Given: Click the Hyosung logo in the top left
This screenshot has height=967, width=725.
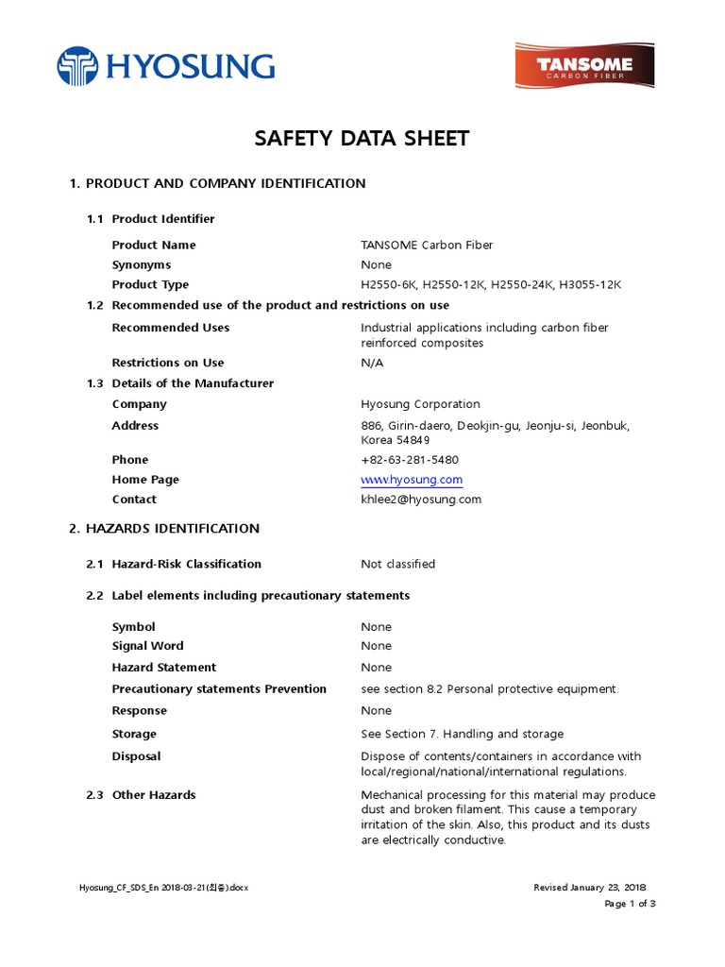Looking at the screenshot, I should [165, 66].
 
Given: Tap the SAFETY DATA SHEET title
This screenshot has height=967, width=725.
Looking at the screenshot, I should [362, 139].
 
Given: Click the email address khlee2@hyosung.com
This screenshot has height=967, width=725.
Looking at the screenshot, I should [421, 500].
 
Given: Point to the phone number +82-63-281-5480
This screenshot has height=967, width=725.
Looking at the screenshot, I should [410, 460].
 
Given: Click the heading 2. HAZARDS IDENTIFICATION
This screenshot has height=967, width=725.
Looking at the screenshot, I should [164, 529].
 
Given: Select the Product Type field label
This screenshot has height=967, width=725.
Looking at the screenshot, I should [150, 285].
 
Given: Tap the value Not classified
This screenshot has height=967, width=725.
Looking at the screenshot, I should [397, 565].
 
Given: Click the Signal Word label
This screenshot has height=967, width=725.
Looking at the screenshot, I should [147, 647].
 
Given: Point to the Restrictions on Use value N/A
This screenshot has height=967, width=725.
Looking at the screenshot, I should [373, 363].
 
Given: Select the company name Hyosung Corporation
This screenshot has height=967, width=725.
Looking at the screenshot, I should [420, 404].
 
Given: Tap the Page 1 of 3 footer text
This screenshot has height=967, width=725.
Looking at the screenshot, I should [630, 904].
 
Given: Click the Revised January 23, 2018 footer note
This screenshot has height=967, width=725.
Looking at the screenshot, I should [590, 888].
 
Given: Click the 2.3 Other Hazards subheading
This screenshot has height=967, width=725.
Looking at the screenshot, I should [142, 795].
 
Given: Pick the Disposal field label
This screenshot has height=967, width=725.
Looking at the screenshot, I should [136, 756].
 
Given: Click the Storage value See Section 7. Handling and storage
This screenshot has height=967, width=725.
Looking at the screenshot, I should [462, 735].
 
